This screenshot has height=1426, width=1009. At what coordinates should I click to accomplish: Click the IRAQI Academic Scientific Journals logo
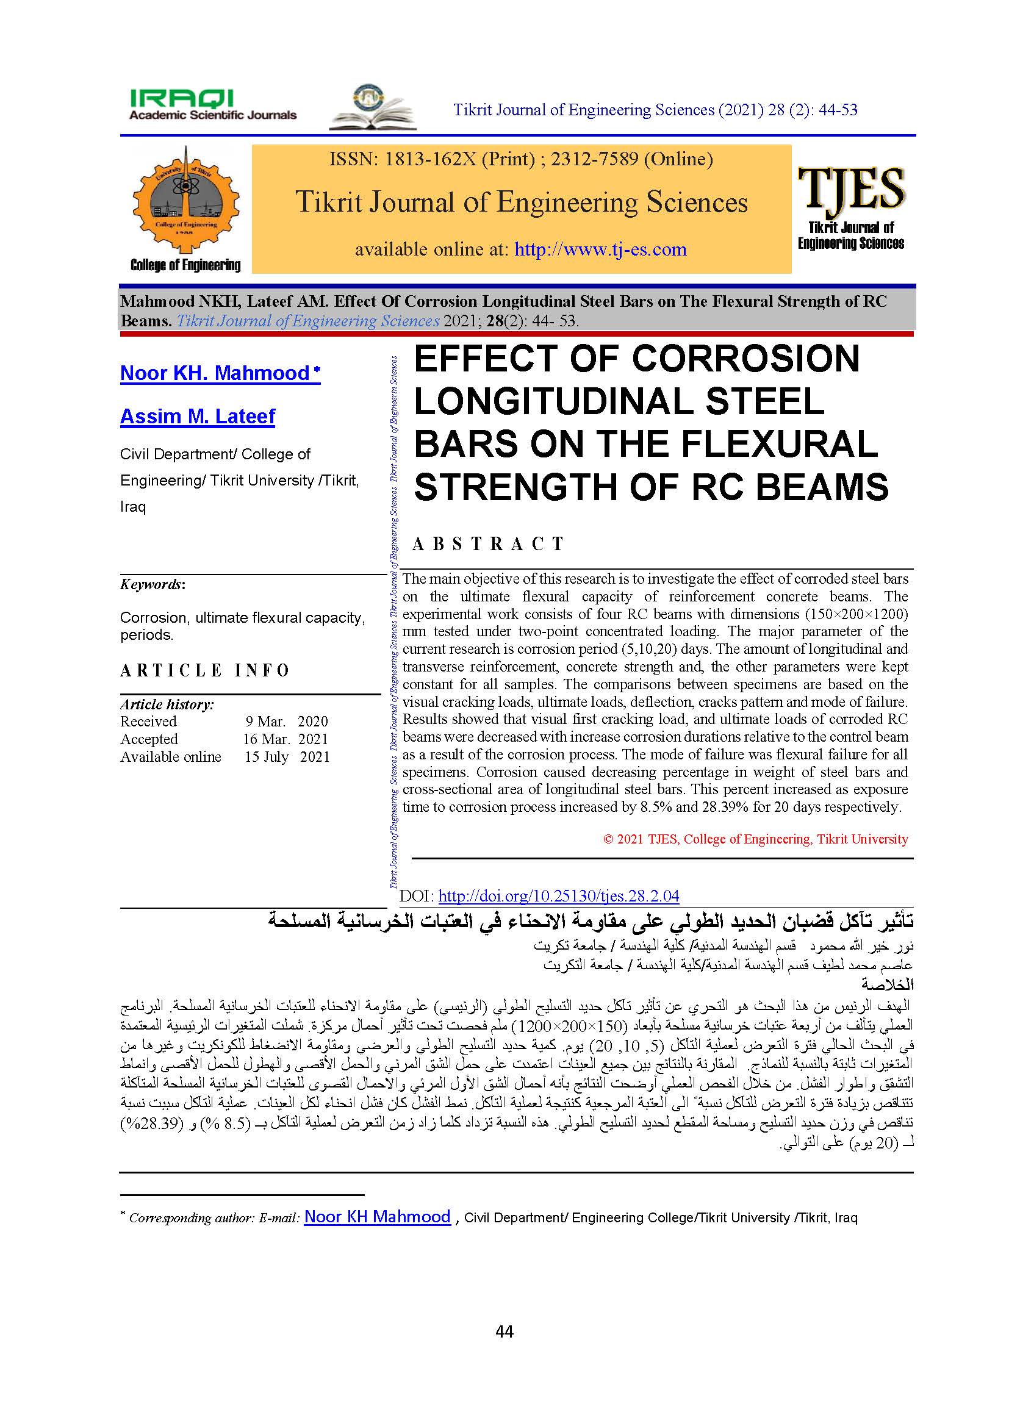[212, 105]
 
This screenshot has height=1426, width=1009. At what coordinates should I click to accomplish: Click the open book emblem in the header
[372, 108]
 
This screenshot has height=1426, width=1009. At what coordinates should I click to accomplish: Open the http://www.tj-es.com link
[600, 249]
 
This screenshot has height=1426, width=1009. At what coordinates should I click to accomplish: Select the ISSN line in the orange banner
[520, 159]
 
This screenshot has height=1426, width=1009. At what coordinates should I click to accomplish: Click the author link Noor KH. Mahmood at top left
[220, 373]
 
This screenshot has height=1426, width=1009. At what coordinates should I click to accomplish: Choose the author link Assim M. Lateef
[197, 416]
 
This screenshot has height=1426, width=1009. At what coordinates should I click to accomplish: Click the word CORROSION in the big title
[745, 359]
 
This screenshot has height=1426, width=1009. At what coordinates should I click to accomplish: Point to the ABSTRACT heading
[489, 544]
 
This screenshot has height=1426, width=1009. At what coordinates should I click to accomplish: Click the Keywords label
[153, 584]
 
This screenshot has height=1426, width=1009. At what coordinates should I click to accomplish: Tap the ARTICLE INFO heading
[205, 671]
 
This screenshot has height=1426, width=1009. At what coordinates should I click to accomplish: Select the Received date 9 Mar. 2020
[287, 722]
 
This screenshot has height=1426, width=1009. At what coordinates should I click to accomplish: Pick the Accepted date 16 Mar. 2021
[285, 739]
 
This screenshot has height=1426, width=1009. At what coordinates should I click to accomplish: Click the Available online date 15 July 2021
[287, 757]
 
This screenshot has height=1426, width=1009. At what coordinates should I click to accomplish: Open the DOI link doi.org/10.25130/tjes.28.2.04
[558, 895]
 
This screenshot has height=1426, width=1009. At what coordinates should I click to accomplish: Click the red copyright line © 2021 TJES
[755, 839]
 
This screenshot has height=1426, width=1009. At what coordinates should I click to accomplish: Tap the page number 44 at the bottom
[504, 1331]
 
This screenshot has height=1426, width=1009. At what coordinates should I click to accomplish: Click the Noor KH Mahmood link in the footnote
[377, 1217]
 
